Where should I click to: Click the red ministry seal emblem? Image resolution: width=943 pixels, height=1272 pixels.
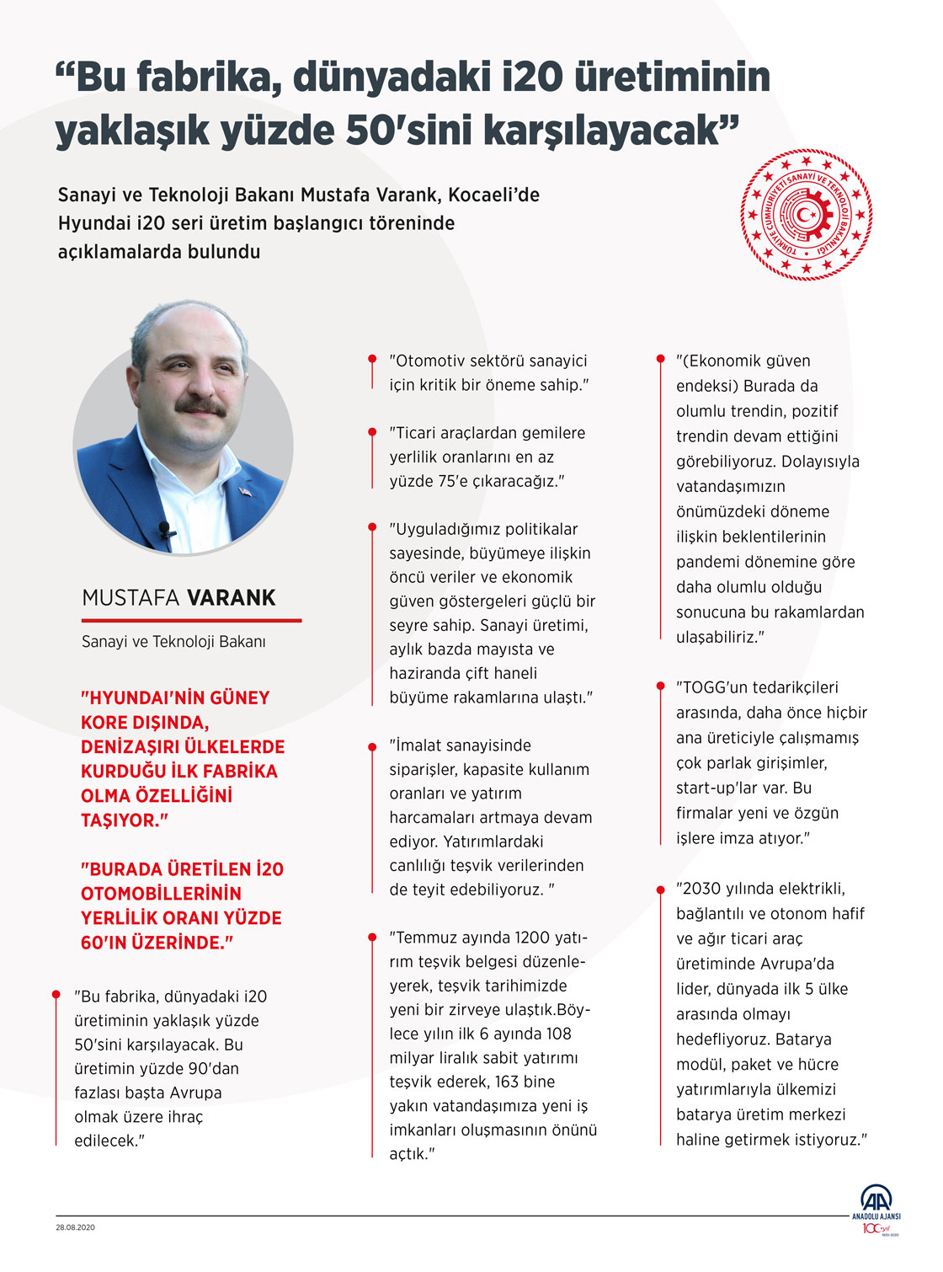click(807, 215)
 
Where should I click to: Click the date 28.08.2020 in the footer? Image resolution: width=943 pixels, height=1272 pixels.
click(76, 1227)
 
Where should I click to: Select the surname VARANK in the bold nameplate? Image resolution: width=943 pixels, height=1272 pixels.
click(232, 598)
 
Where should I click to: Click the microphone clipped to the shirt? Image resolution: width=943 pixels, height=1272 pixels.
click(164, 529)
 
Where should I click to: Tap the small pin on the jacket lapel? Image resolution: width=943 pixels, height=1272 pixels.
click(244, 491)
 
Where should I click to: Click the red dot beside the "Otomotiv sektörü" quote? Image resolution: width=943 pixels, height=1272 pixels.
click(372, 360)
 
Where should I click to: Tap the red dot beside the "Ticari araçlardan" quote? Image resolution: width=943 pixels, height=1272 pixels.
click(372, 432)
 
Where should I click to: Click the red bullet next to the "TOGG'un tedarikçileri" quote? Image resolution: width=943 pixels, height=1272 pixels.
click(660, 687)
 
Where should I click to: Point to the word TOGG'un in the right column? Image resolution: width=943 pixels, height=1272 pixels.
click(711, 687)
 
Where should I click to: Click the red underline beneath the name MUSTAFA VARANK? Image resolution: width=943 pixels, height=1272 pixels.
click(191, 620)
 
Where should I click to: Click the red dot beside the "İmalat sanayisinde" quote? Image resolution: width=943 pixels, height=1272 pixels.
click(372, 746)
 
